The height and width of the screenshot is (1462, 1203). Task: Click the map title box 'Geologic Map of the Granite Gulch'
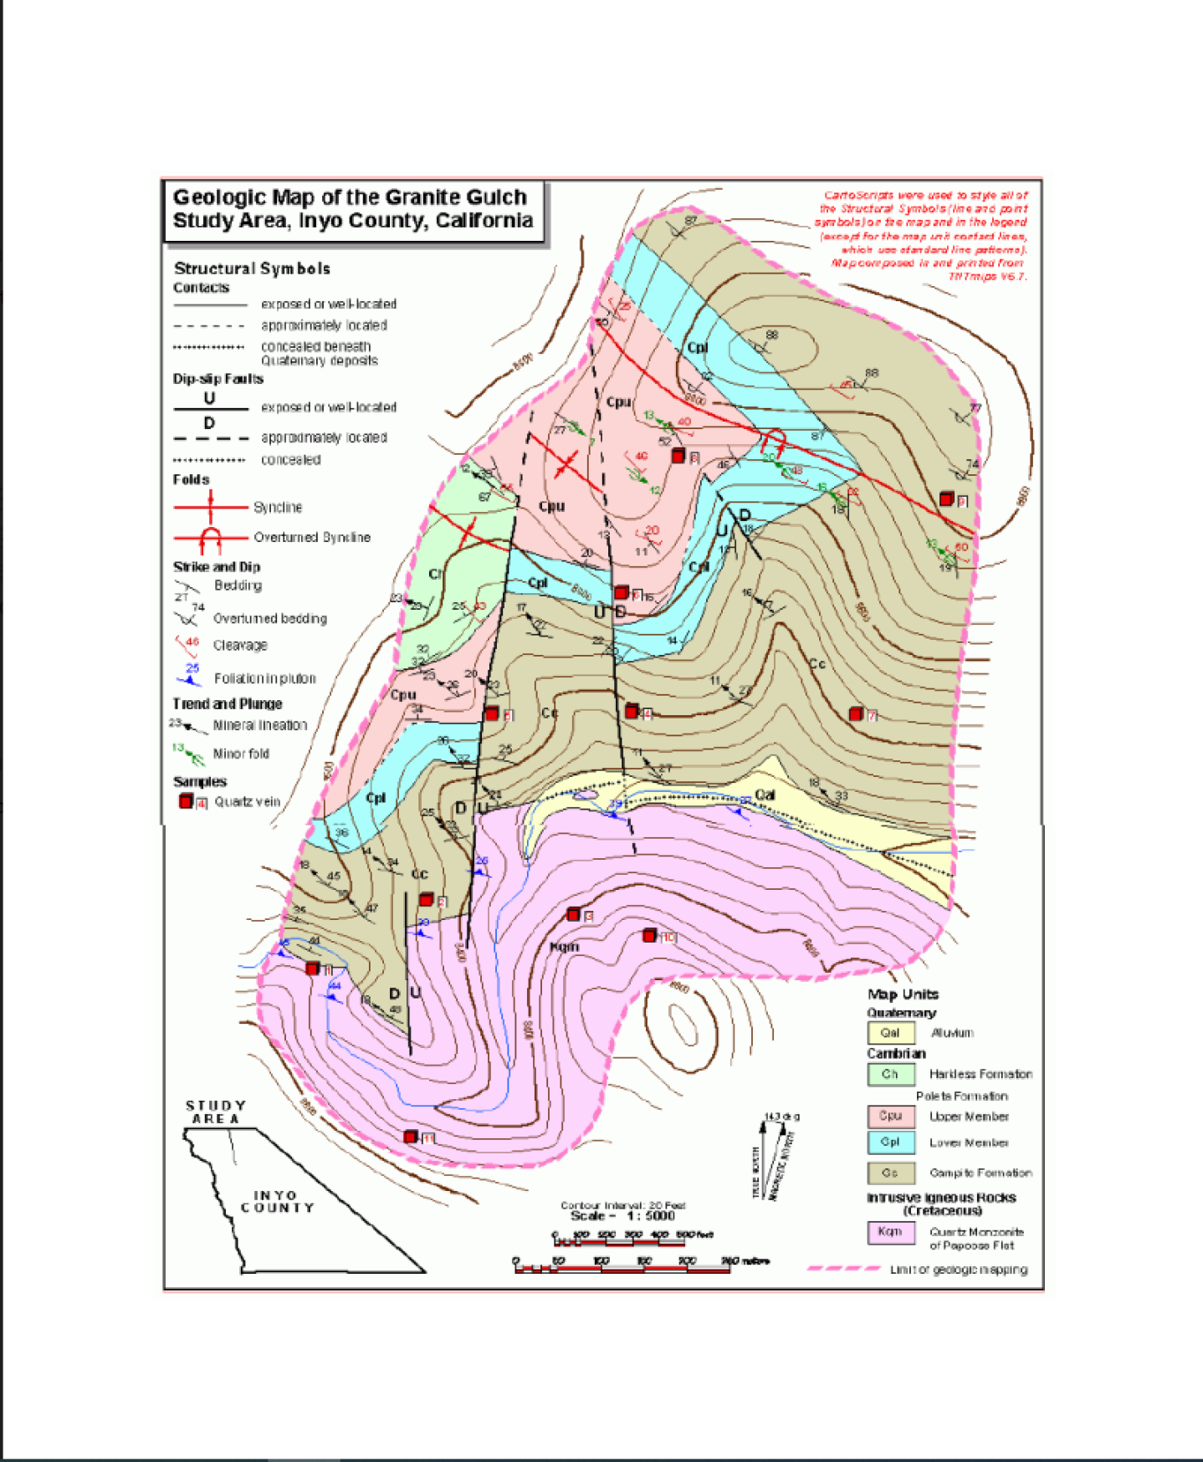coord(352,209)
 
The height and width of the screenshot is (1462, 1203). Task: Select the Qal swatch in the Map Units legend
coord(890,1032)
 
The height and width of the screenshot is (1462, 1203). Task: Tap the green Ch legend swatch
coord(890,1074)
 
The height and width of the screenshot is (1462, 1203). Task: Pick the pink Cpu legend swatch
coord(890,1117)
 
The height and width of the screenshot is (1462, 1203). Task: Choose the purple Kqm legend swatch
coord(890,1232)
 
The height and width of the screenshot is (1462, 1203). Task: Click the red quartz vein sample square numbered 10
coord(649,935)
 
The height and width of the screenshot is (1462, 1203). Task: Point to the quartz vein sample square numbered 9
coord(946,499)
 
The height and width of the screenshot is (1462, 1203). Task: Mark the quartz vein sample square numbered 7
coord(855,713)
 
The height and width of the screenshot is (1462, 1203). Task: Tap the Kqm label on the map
coord(565,947)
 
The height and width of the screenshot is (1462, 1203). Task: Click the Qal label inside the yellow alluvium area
coord(765,795)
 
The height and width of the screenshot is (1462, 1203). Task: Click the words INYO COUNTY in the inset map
coord(277,1202)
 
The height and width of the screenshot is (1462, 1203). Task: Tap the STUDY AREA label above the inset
coord(216,1112)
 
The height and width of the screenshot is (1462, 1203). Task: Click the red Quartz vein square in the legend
coord(186,801)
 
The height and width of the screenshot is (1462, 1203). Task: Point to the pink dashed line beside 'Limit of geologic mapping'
coord(843,1269)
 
